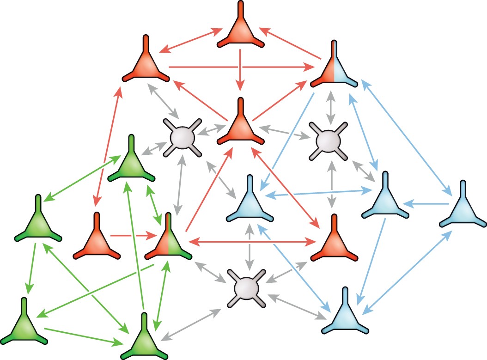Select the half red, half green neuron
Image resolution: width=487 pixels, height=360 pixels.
[x=168, y=243]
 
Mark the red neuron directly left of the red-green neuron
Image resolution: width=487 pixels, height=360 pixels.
[x=96, y=242]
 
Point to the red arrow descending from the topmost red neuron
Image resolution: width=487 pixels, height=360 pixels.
[x=240, y=67]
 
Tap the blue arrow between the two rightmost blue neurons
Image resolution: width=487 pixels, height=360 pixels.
[x=427, y=203]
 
